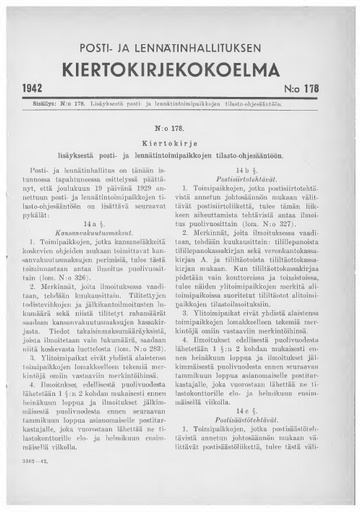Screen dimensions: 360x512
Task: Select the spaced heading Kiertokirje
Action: [179, 173]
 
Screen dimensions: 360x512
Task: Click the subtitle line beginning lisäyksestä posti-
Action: [179, 187]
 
